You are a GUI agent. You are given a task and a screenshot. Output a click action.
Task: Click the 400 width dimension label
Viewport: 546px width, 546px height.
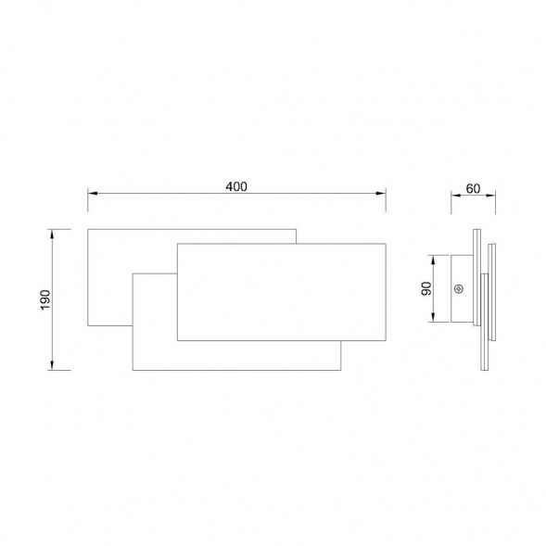(x=236, y=186)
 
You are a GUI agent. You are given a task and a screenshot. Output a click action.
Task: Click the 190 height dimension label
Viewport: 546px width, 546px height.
(x=45, y=299)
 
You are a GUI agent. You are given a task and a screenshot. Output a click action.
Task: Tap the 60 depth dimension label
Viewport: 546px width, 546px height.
(x=473, y=189)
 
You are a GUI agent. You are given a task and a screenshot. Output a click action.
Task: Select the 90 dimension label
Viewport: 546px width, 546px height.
(x=426, y=288)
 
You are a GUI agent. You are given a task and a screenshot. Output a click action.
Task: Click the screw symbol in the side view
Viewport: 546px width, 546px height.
(x=459, y=288)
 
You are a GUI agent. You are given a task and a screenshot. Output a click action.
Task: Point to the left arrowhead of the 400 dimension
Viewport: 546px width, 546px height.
(x=92, y=193)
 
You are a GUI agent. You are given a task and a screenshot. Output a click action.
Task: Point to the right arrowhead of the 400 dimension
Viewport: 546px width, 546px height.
(x=381, y=193)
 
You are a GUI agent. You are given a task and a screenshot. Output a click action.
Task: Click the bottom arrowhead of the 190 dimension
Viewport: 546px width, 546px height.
(x=52, y=365)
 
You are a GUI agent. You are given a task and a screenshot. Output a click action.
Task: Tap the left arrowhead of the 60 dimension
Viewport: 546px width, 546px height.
(x=455, y=196)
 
